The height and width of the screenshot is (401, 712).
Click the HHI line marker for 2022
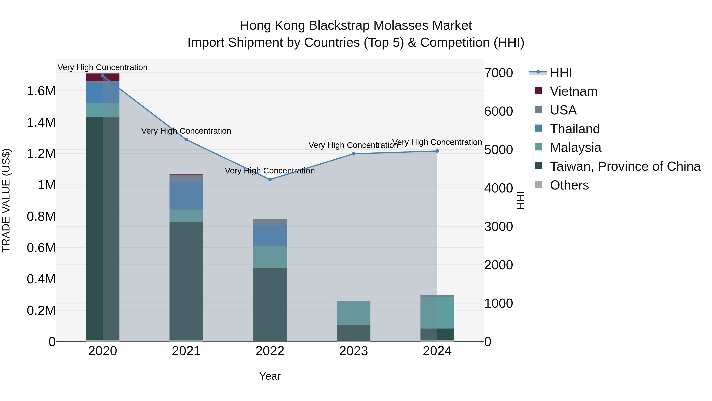coord(270,180)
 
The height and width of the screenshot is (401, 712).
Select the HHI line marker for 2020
coord(102,76)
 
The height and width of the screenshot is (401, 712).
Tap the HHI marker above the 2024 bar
coord(437,151)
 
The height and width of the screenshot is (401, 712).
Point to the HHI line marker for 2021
coord(186,140)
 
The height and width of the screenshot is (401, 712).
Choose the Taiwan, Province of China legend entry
coord(625,166)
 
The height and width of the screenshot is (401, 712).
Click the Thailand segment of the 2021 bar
coord(186,196)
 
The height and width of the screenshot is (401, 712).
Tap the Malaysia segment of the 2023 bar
coord(353,313)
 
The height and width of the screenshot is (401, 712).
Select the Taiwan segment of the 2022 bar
coord(270,304)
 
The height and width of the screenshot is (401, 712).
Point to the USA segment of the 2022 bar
coord(270,222)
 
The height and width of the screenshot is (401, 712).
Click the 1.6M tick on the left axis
coord(41,91)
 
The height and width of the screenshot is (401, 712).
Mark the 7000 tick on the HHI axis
coord(499,73)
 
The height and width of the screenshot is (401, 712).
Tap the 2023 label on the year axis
coord(353,351)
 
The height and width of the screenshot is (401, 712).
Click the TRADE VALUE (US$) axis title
coord(6,200)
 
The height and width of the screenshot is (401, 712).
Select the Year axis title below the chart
coord(270,376)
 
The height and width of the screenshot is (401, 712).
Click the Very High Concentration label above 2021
coord(186,131)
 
